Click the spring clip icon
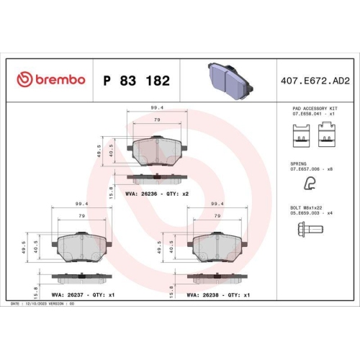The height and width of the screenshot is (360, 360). click(x=309, y=183)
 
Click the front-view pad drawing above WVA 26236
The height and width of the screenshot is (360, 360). click(x=157, y=151)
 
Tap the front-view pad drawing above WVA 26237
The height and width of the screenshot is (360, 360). click(x=81, y=247)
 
